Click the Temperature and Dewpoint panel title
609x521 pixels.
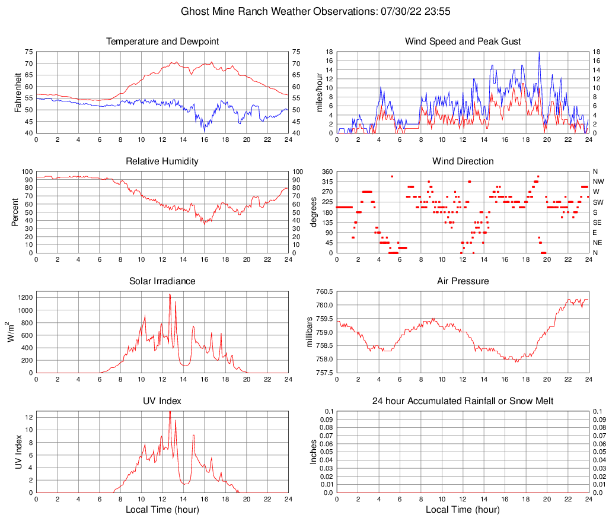pyautogui.click(x=162, y=42)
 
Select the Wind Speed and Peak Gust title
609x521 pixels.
pyautogui.click(x=463, y=42)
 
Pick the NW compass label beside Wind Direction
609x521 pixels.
pyautogui.click(x=598, y=182)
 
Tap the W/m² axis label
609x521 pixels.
pyautogui.click(x=11, y=332)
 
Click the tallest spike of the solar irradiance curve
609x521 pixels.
pyautogui.click(x=170, y=294)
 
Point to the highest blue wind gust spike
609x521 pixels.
pyautogui.click(x=539, y=52)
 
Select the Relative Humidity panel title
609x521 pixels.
pyautogui.click(x=162, y=161)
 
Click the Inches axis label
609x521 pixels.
pyautogui.click(x=314, y=452)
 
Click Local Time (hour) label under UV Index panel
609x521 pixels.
pyautogui.click(x=162, y=509)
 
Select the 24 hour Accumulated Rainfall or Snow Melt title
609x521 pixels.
pyautogui.click(x=463, y=401)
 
